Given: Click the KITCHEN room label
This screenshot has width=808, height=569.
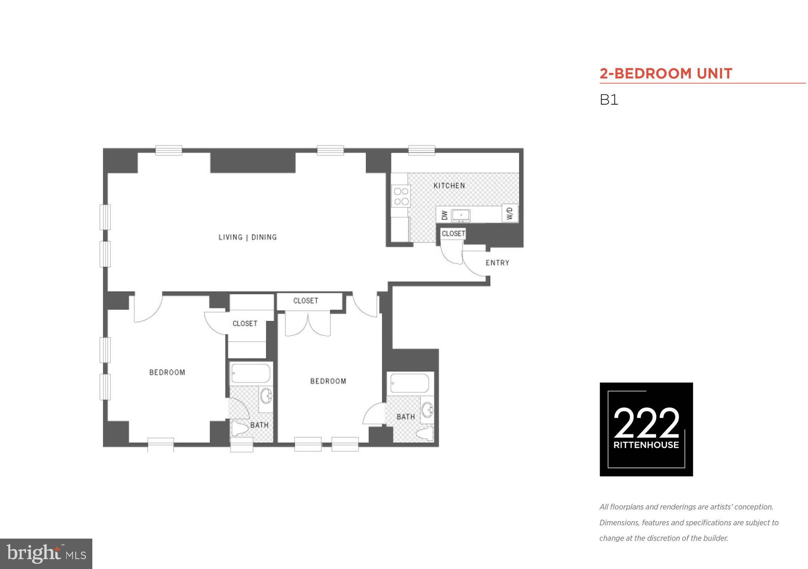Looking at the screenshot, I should click(449, 186).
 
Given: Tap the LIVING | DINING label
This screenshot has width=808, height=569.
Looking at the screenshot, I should click(248, 237).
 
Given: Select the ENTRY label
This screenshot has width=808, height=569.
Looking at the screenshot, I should click(497, 263).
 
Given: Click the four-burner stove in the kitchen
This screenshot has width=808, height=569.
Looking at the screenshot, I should click(401, 196).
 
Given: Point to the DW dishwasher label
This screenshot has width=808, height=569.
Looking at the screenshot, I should click(445, 215).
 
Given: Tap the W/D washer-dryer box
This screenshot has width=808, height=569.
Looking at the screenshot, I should click(510, 213).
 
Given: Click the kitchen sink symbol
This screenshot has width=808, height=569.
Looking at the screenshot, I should click(461, 215).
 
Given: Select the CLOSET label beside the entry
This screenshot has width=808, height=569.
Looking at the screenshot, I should click(453, 234).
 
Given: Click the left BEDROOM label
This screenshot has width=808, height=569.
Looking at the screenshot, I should click(167, 372).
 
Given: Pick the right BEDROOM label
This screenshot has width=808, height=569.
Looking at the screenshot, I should click(328, 381).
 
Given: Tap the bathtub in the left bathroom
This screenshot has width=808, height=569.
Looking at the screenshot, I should click(251, 373).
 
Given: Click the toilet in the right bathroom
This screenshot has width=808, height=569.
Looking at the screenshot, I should click(425, 434).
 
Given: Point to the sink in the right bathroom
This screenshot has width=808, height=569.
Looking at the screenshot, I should click(427, 410).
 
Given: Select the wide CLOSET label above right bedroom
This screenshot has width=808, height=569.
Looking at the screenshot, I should click(305, 301).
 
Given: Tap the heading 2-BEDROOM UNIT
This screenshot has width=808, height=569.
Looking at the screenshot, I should click(666, 73).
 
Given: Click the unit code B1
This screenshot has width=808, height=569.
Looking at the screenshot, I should click(609, 100).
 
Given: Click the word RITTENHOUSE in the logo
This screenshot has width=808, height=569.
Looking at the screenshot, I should click(646, 445).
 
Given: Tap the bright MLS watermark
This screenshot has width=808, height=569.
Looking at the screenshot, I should click(46, 554).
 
